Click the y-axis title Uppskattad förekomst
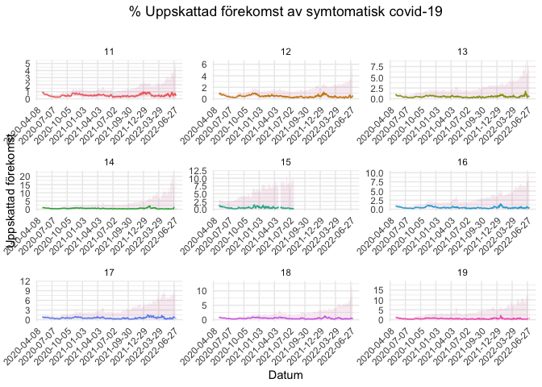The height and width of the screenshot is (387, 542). tap(11, 189)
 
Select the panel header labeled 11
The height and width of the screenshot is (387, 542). tap(110, 52)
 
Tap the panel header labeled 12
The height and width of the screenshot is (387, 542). tap(286, 52)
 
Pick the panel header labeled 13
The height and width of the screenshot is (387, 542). tap(462, 52)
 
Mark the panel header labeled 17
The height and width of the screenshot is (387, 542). tap(110, 273)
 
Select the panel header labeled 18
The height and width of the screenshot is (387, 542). tap(286, 273)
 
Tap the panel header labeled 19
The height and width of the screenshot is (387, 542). tap(462, 273)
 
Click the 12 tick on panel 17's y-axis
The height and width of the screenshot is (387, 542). tap(26, 281)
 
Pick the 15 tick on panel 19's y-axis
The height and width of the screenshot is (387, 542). tap(377, 288)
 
